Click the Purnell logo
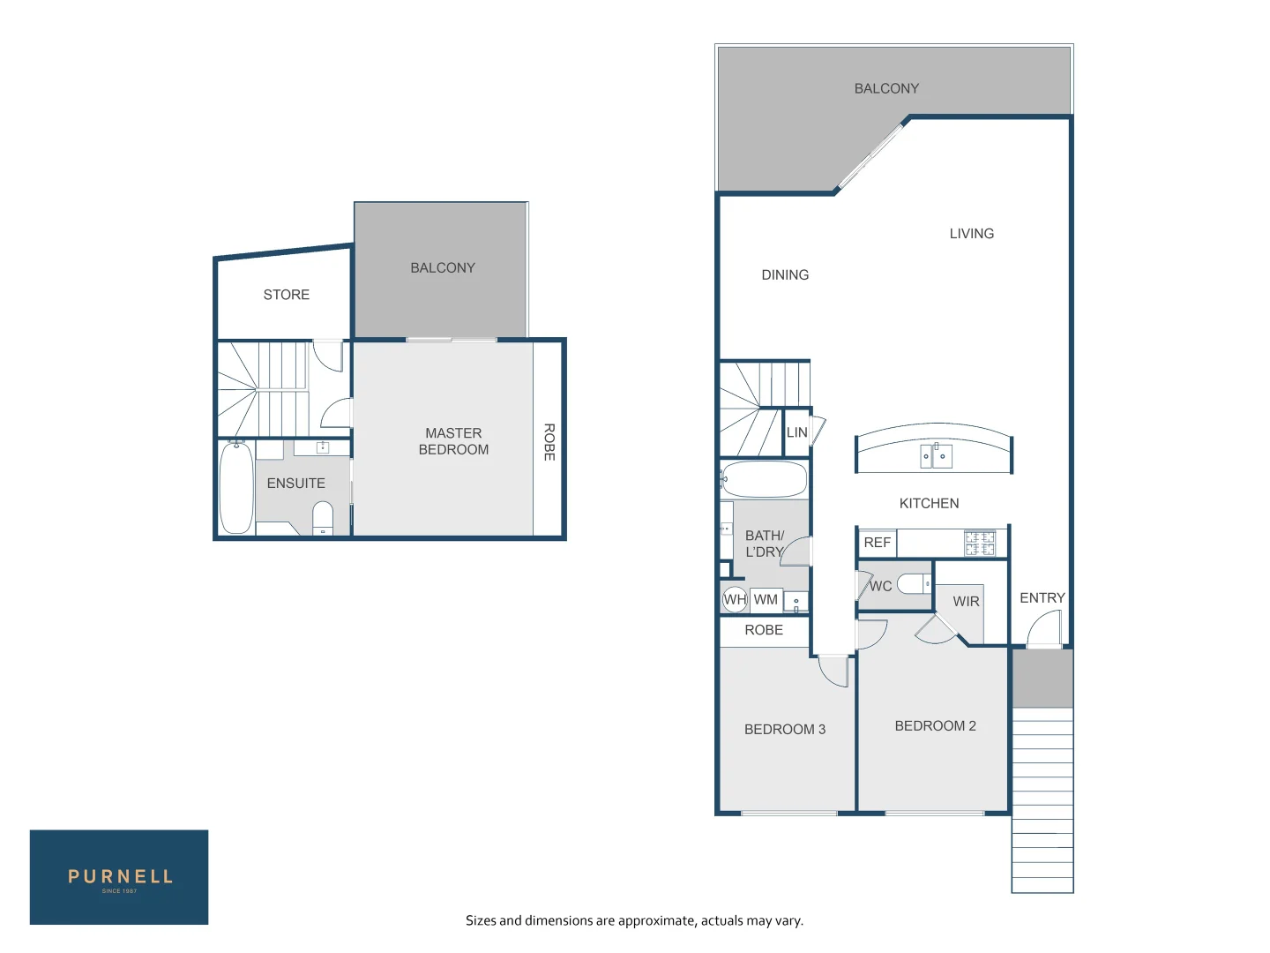[x=119, y=877]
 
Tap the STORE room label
[x=286, y=295]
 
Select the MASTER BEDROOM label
[x=453, y=441]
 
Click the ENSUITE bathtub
[x=236, y=488]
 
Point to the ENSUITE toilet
[x=323, y=517]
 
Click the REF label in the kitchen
[x=877, y=543]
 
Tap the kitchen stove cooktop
[x=979, y=543]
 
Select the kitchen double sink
[x=936, y=456]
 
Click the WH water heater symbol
[x=735, y=600]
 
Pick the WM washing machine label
[x=766, y=600]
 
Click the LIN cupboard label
[x=796, y=432]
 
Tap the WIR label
[x=966, y=602]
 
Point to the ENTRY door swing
[x=1044, y=628]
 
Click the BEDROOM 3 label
[x=785, y=730]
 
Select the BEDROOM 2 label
[x=935, y=726]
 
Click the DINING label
[x=785, y=275]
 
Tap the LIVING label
[x=971, y=234]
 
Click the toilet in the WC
[x=914, y=584]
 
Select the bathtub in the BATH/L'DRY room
[x=764, y=480]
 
